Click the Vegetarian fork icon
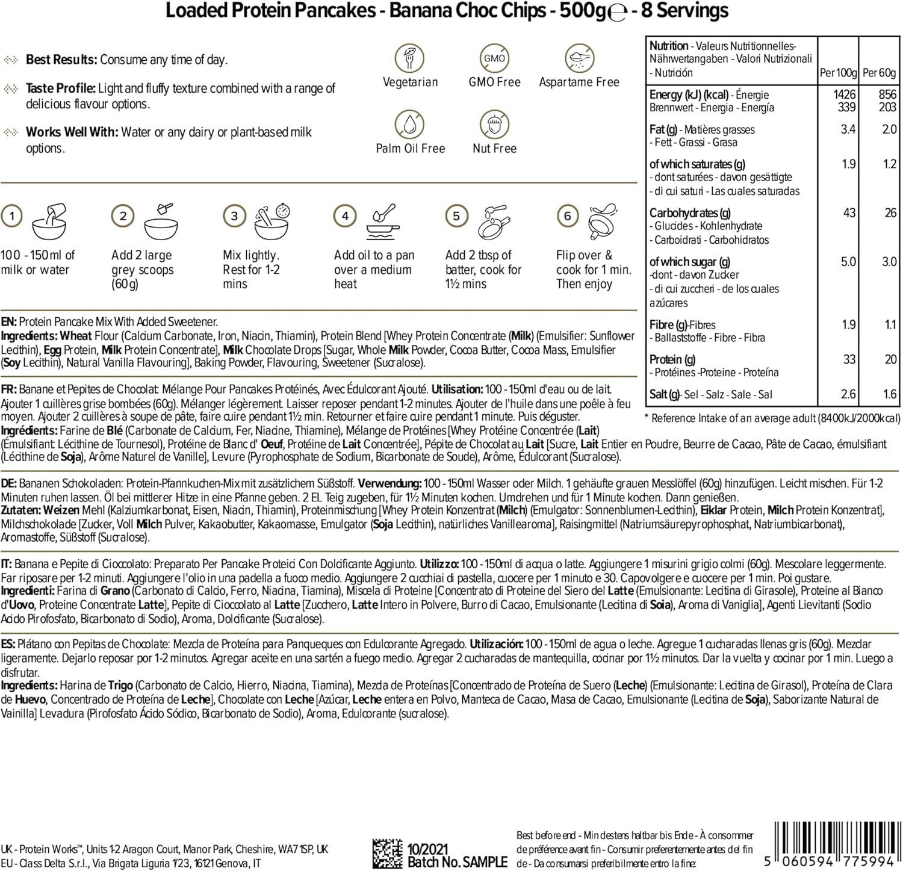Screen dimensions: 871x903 point(410,58)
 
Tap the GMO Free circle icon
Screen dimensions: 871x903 point(494,58)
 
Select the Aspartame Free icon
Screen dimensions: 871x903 point(579,58)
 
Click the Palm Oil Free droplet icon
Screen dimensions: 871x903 point(410,125)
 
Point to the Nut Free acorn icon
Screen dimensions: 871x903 point(494,125)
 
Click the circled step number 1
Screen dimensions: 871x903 point(12,215)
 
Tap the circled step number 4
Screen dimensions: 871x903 point(345,215)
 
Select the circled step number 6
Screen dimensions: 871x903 point(567,215)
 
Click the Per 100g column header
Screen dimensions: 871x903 point(838,73)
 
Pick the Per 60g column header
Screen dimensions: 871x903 point(880,73)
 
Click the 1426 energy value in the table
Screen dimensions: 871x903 point(844,95)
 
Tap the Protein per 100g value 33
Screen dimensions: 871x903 point(849,359)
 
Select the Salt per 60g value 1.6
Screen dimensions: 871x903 point(889,394)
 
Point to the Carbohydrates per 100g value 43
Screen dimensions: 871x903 point(849,212)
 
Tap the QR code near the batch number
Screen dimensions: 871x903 point(387,854)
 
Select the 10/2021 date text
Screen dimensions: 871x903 point(428,849)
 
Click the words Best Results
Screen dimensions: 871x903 point(61,60)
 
